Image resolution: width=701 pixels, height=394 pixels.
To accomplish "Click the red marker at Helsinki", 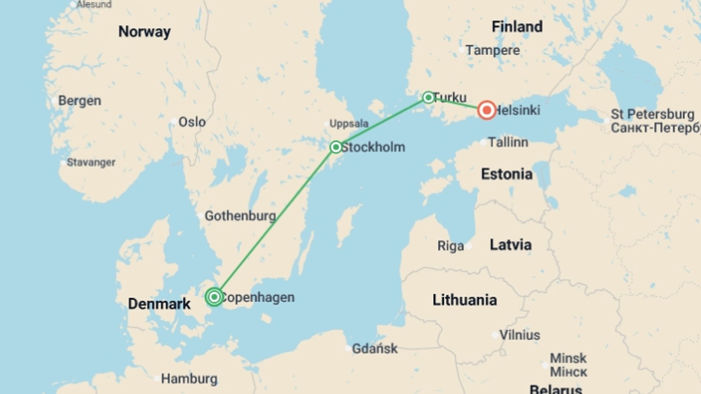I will click(487, 110).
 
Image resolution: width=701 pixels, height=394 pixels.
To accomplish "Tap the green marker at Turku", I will click(428, 97).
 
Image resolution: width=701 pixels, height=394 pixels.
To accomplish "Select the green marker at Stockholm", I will click(336, 147).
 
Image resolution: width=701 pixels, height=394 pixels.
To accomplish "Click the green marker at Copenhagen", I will click(214, 297).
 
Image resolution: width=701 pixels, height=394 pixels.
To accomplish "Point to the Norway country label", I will click(144, 32).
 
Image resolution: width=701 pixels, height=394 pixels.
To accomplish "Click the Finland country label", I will click(517, 27).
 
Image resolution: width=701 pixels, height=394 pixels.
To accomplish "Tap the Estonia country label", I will click(507, 174).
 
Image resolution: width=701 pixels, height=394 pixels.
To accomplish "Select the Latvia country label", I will click(510, 245).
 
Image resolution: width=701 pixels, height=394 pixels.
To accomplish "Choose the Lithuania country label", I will click(464, 300).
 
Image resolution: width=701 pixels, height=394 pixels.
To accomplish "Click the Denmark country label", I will click(159, 304).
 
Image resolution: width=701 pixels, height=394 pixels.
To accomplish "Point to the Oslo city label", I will click(192, 122).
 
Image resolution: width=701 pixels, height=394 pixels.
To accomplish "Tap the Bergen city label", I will click(80, 101).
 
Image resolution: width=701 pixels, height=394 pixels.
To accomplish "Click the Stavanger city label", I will click(91, 162).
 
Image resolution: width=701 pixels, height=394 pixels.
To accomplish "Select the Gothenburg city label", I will click(240, 216).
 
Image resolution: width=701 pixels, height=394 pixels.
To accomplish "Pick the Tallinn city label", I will click(508, 142).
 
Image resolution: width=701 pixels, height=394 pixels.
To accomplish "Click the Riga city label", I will click(451, 246).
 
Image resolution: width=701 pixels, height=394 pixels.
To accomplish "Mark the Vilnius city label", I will click(520, 335).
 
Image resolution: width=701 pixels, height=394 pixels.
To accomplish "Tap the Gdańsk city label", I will click(375, 349).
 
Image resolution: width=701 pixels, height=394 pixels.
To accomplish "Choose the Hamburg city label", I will click(189, 379).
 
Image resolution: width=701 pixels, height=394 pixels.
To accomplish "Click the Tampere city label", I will click(493, 50).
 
